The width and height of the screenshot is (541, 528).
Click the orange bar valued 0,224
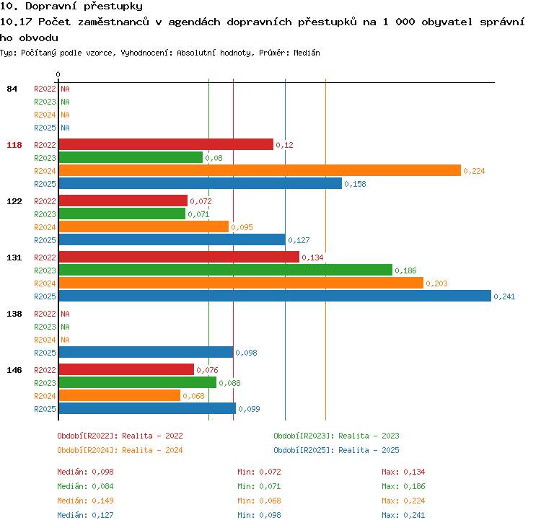click(x=260, y=170)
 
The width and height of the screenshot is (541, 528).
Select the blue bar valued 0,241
click(x=275, y=296)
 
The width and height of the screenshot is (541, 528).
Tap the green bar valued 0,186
click(x=226, y=270)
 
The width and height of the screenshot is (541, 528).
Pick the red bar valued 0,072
click(x=123, y=201)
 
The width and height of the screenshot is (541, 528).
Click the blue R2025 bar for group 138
click(x=146, y=352)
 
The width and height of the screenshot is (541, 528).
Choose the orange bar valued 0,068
click(x=120, y=395)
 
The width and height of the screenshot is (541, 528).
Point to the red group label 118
click(x=14, y=145)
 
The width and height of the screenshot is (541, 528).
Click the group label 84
click(x=12, y=89)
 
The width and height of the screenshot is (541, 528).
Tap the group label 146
click(x=14, y=370)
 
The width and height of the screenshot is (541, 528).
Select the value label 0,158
click(x=355, y=184)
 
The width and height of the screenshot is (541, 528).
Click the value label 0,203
click(x=436, y=283)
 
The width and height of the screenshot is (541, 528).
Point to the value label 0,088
click(x=229, y=383)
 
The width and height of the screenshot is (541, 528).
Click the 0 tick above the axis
click(x=58, y=74)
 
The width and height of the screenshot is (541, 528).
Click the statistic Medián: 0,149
click(x=85, y=501)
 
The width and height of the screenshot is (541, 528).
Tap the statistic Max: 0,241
click(x=403, y=515)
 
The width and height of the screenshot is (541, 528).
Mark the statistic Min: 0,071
click(x=259, y=486)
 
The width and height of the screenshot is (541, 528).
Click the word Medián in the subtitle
click(x=307, y=53)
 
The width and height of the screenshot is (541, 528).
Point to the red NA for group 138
click(x=65, y=314)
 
